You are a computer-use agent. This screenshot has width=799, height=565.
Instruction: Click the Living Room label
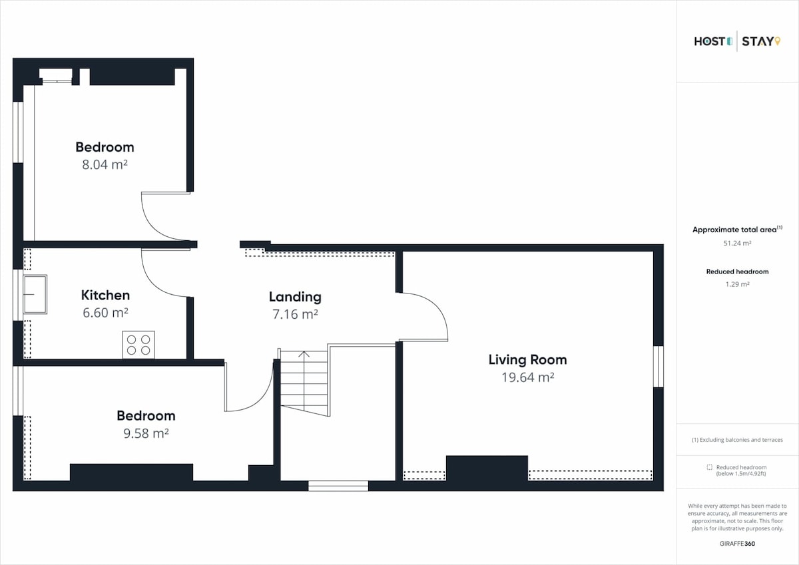point(527,359)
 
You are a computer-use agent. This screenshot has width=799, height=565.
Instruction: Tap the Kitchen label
point(105,295)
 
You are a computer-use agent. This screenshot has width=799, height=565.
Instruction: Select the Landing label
point(295,297)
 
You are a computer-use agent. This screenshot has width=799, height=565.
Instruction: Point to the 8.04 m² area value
point(105,164)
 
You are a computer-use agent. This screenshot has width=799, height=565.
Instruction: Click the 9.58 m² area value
point(146,433)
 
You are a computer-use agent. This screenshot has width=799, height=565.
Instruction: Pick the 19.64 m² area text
point(528,377)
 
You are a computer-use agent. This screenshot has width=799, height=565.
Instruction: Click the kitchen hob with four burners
point(138,345)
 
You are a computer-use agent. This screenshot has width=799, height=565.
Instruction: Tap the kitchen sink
point(35,294)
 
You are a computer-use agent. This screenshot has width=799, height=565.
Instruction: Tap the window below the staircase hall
point(338,486)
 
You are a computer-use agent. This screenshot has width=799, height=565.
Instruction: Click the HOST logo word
point(713,41)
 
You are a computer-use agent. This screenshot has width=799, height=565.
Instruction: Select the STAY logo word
point(761,41)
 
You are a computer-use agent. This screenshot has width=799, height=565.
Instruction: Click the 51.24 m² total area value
point(737,243)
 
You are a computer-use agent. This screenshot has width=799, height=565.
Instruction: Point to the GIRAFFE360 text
point(737,544)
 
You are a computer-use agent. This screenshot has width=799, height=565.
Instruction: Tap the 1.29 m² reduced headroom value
point(737,284)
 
